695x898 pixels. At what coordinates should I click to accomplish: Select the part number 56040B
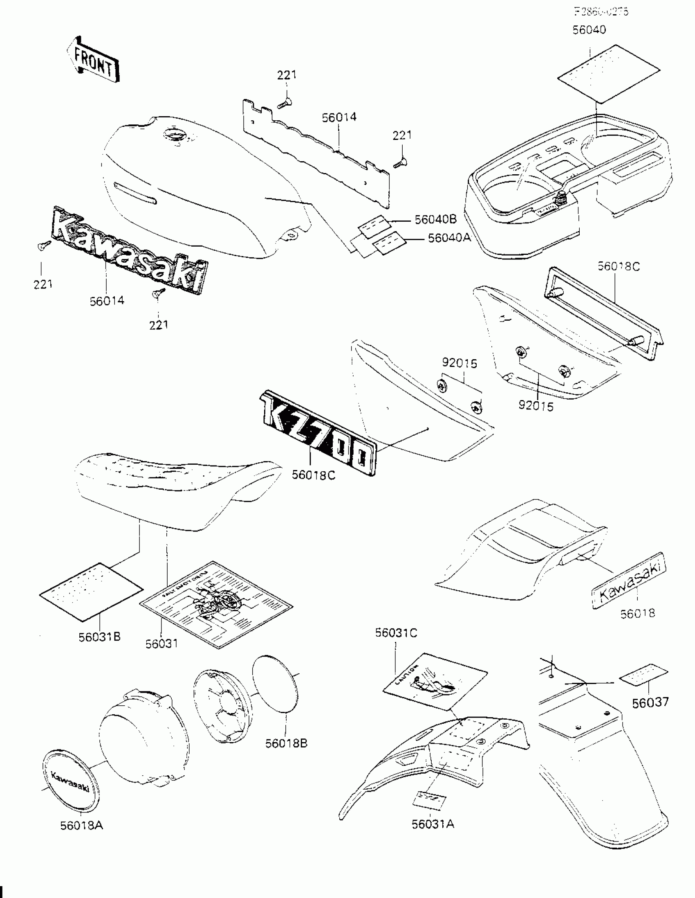(436, 219)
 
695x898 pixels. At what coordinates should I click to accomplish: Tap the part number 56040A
(449, 238)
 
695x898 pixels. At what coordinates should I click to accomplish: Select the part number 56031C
(396, 633)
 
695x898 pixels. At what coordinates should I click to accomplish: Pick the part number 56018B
(286, 743)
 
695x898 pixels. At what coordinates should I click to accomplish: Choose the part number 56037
(650, 702)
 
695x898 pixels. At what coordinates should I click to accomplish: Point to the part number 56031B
(99, 637)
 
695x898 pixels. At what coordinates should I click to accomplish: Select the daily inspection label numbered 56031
(216, 604)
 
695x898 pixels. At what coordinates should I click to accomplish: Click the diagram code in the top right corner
(601, 11)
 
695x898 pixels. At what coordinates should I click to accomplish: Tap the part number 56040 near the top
(589, 29)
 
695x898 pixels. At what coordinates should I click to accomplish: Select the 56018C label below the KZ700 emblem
(313, 475)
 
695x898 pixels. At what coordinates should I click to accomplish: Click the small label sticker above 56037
(643, 675)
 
